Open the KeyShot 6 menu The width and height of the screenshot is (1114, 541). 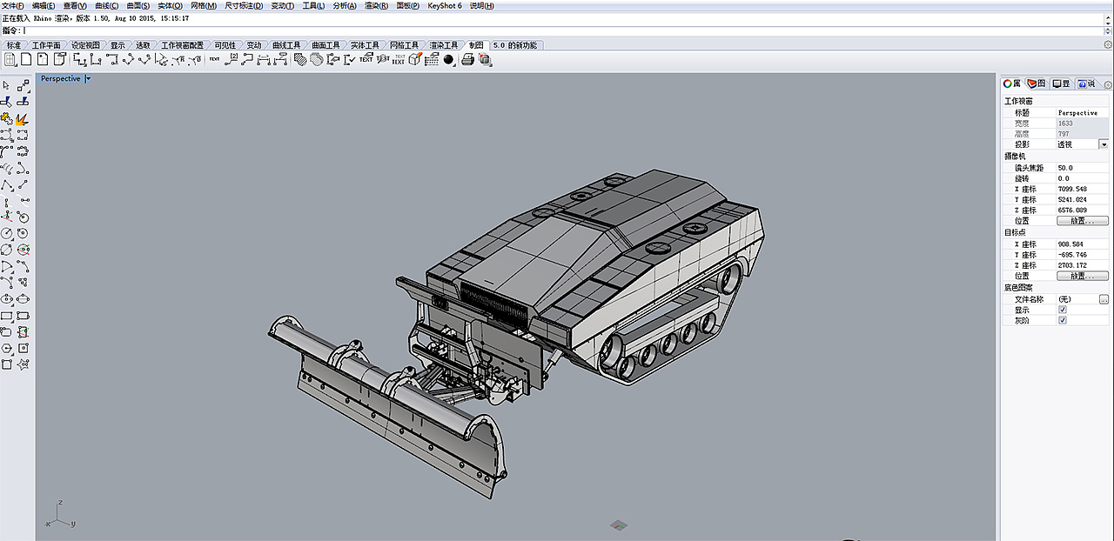coord(445,5)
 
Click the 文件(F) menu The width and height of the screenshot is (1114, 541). coord(13,5)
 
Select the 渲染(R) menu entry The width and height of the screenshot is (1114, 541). coord(376,5)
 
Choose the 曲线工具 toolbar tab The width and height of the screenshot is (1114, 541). coord(286,45)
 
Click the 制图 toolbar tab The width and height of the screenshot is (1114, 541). coord(476,45)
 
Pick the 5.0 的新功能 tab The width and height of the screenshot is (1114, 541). coord(515,45)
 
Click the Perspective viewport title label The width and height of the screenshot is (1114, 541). coord(60,78)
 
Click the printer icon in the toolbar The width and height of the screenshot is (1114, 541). coord(467,59)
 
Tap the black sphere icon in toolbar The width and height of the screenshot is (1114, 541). coord(448,59)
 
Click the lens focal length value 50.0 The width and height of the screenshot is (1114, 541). coord(1065,167)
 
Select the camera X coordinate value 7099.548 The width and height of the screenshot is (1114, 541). coord(1071,189)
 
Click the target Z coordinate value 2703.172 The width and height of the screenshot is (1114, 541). coord(1071,265)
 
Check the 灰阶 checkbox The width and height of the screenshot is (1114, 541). coord(1062,320)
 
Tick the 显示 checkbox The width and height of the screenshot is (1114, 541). coord(1062,310)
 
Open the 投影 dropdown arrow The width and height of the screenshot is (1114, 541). coord(1104,144)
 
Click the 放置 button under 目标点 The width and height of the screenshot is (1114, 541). coord(1082,276)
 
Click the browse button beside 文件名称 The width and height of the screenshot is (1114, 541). coord(1104,299)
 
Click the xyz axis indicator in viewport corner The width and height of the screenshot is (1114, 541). coord(60,516)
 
